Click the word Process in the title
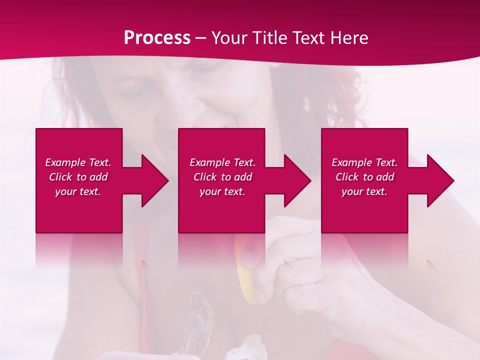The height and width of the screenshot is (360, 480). pos(157,38)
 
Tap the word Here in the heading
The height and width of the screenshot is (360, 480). pos(348,38)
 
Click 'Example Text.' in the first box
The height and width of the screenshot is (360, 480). pos(78,162)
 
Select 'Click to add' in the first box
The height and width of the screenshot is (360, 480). pos(78,177)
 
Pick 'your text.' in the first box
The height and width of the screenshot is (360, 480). pos(78,191)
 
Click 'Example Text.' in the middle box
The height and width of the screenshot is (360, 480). pos(222,162)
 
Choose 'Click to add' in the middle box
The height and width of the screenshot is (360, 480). pos(222,177)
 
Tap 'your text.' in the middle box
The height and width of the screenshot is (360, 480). pos(222,191)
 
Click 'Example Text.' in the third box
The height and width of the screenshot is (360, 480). pos(364,162)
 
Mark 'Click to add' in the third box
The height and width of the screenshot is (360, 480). pos(364,177)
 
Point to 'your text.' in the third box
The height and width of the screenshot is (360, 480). pos(364,191)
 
